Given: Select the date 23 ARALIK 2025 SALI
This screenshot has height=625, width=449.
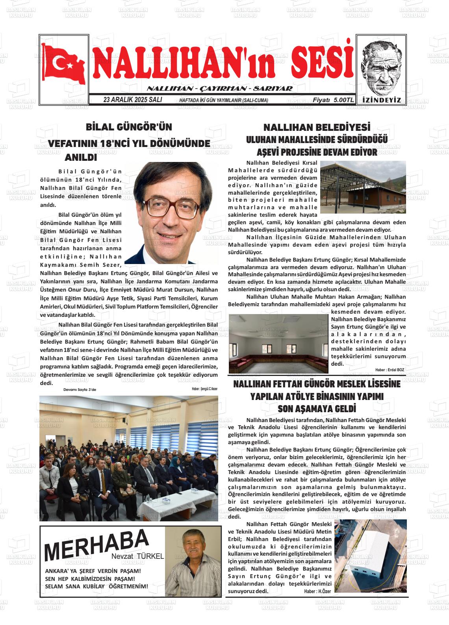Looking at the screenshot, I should [x=132, y=100].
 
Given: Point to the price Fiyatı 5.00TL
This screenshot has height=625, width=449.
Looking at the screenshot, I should [x=333, y=100].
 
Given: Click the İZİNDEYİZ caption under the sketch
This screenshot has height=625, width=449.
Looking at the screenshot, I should [x=381, y=100].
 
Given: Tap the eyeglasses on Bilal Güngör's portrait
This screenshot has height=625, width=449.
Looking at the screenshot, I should [x=168, y=208].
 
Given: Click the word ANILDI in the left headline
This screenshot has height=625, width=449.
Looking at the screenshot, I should [x=80, y=157].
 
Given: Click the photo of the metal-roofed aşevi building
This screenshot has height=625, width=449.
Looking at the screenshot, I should [x=363, y=187].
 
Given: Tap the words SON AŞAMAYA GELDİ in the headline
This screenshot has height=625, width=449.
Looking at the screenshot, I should [x=317, y=408].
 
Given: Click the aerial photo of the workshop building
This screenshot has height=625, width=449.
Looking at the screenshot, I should [x=370, y=556].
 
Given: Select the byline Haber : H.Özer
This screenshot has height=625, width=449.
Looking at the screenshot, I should [x=317, y=592].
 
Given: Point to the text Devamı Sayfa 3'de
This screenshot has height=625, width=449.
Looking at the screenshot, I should [x=80, y=390].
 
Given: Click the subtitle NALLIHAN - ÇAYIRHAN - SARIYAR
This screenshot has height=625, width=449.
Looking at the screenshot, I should [x=219, y=88].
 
